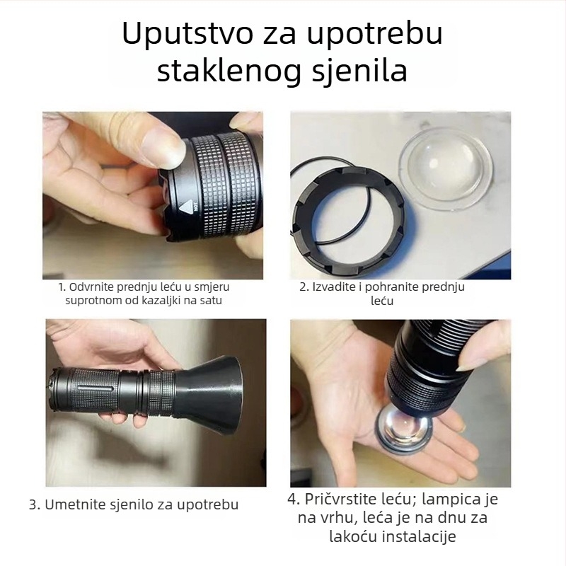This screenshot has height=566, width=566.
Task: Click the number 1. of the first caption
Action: [x=62, y=287]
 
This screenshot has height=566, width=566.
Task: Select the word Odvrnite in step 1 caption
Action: [x=91, y=287]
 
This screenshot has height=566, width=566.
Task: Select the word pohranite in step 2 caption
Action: [x=399, y=287]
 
